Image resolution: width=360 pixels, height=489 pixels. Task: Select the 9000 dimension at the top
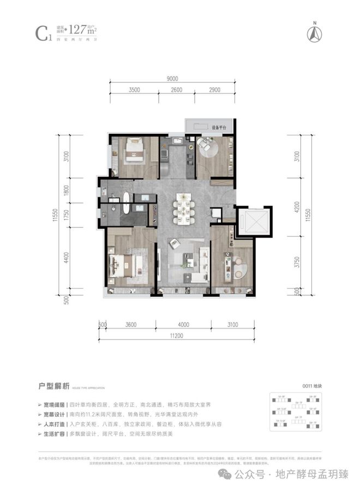[x=173, y=79]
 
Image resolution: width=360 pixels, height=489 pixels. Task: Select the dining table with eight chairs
[x=184, y=208]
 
